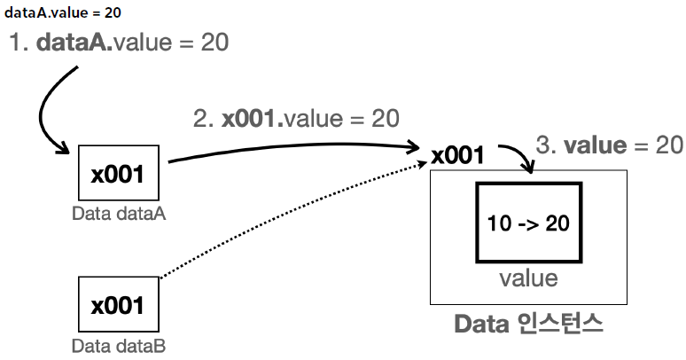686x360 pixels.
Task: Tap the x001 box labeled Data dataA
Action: (x=118, y=173)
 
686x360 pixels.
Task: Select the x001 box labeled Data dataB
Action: (x=118, y=306)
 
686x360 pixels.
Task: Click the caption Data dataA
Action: (x=118, y=214)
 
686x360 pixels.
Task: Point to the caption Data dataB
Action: (x=118, y=346)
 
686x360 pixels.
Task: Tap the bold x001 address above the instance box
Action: (x=458, y=157)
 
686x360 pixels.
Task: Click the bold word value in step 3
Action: (x=596, y=145)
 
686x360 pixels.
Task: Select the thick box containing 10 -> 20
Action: (x=528, y=222)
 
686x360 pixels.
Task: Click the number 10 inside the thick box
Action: (x=499, y=223)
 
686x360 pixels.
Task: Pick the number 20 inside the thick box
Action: (x=557, y=223)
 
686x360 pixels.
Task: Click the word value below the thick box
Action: (x=528, y=278)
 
